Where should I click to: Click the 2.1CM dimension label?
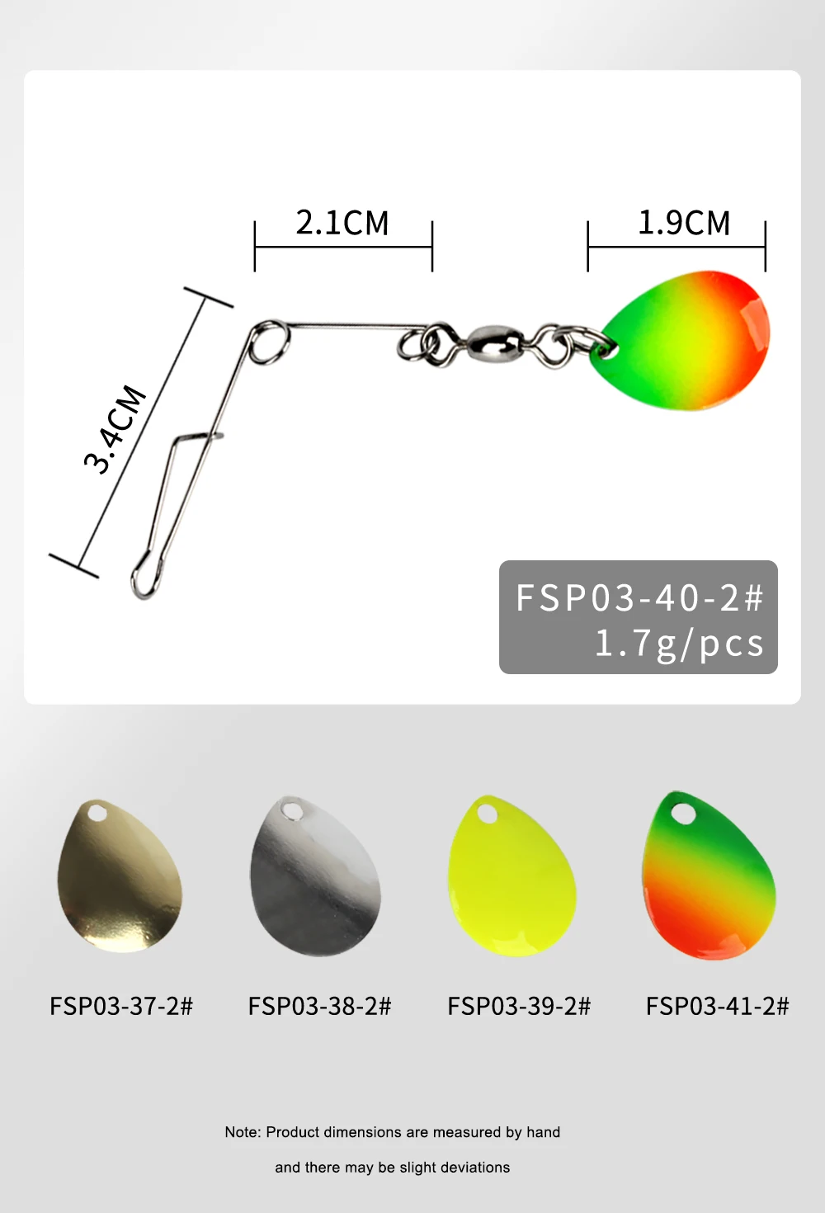[342, 223]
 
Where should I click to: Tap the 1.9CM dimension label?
[684, 223]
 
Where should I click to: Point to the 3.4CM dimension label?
[115, 429]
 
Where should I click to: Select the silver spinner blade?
[315, 876]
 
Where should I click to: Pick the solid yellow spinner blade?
[511, 876]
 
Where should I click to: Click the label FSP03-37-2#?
[121, 1006]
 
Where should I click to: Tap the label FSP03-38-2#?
[319, 1006]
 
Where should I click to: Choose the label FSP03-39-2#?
[519, 1006]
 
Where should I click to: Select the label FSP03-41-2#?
[717, 1006]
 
